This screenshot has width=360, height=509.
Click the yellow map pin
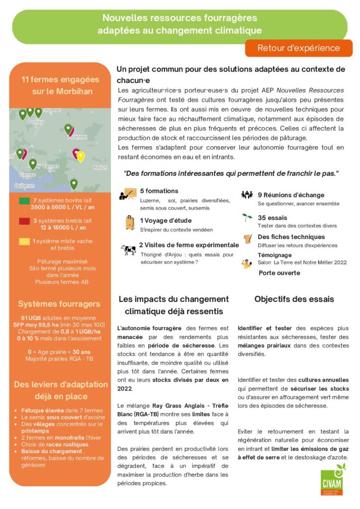click(x=81, y=156)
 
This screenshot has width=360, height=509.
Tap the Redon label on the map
click(x=100, y=168)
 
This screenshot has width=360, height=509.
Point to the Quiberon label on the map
click(x=25, y=185)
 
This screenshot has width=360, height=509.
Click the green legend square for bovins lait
click(x=24, y=201)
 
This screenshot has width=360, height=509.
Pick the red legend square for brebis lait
click(x=24, y=221)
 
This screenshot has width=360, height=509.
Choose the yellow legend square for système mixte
click(x=24, y=242)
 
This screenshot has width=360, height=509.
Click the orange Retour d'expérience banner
click(x=298, y=48)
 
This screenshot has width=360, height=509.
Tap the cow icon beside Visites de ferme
click(x=128, y=250)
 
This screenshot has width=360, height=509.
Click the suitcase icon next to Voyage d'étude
click(x=130, y=222)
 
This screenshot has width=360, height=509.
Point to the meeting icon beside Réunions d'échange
click(x=247, y=195)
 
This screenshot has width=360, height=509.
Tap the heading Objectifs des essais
click(x=294, y=299)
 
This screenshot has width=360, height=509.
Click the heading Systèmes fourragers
click(x=59, y=304)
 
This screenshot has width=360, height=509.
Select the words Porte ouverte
click(x=279, y=273)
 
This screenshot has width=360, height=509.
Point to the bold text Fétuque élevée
click(x=40, y=411)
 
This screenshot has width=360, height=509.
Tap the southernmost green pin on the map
click(x=74, y=184)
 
